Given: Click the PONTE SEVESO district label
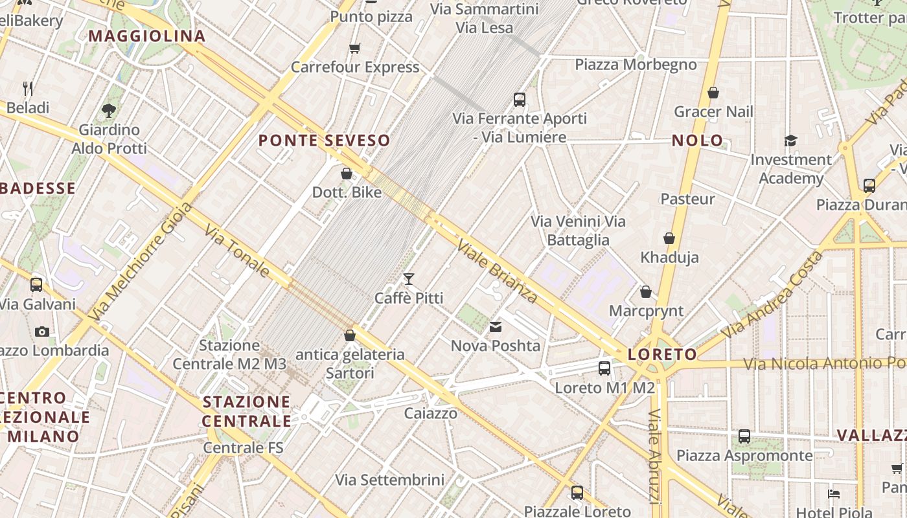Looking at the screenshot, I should (x=325, y=140).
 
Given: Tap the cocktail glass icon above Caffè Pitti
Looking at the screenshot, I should (x=409, y=279).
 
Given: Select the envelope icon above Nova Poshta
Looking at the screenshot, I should (x=496, y=327).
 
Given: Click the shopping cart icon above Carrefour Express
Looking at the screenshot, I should (x=354, y=48).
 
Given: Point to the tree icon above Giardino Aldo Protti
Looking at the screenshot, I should (x=109, y=111).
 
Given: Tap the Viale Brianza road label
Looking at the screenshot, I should (x=497, y=271).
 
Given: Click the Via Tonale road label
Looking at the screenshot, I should (x=237, y=251).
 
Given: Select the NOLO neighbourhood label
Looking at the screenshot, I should (x=697, y=140).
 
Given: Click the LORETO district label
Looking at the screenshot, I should (x=661, y=354).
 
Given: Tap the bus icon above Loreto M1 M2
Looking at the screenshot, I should (x=604, y=368).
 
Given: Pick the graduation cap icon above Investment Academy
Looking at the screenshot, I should (x=790, y=141).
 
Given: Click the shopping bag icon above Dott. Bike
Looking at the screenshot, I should (x=347, y=174).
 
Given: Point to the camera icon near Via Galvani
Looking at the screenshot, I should (x=42, y=332).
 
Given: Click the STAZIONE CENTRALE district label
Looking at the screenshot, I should (x=247, y=411).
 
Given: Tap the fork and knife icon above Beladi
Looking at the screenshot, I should (x=28, y=88).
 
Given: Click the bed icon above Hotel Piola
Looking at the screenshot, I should (x=834, y=494).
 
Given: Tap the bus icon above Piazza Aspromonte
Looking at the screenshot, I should (x=744, y=436).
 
